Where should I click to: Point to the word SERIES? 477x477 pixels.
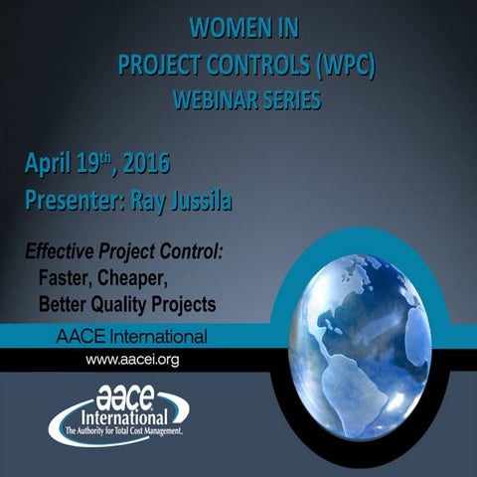pos(289,99)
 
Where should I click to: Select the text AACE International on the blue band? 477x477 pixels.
pos(131,335)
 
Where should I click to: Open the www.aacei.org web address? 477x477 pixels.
pos(132,359)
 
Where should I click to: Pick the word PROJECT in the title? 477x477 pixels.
pos(152,63)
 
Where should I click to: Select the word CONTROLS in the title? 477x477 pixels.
pos(242,63)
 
